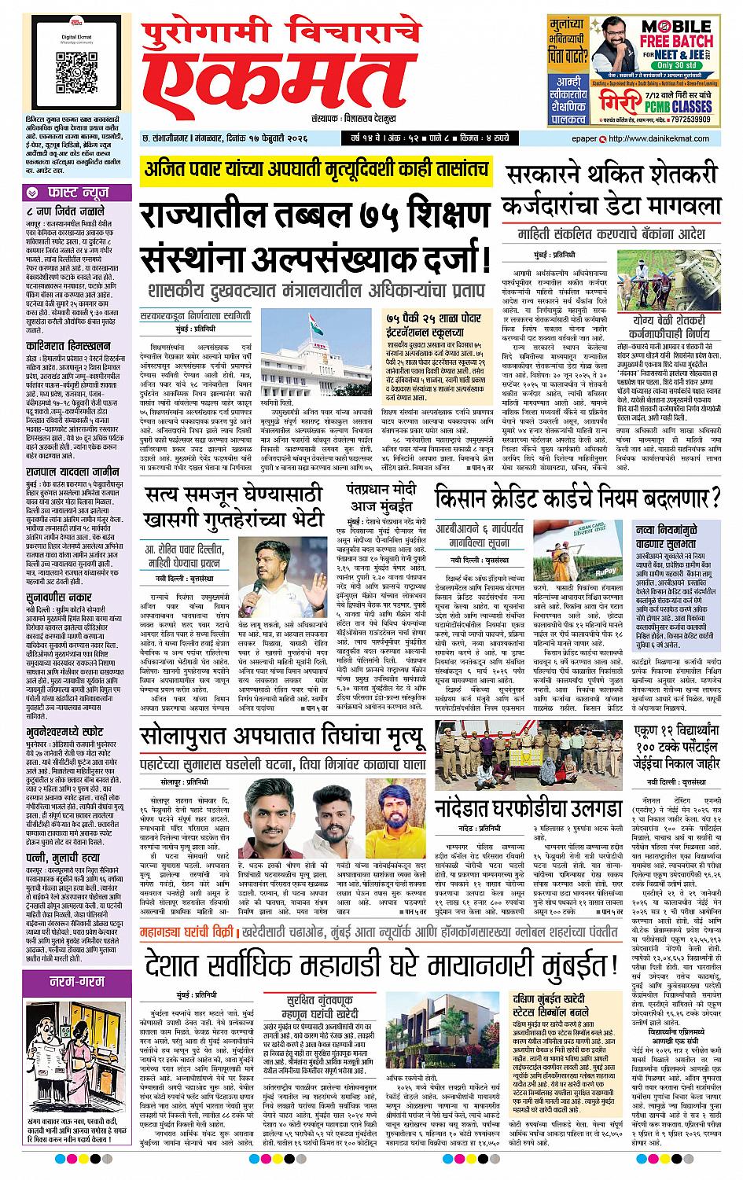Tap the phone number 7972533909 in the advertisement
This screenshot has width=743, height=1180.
click(x=683, y=119)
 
